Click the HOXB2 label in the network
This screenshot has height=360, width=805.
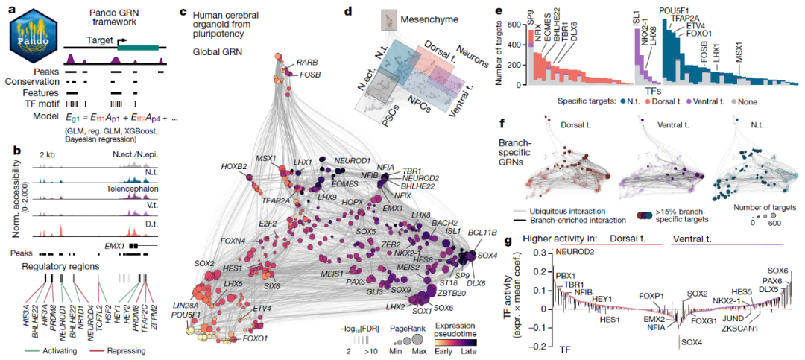(233, 166)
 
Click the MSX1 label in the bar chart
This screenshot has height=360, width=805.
(739, 56)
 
